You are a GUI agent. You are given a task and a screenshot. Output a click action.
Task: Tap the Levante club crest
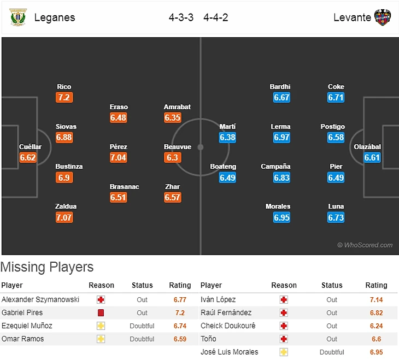click(x=383, y=17)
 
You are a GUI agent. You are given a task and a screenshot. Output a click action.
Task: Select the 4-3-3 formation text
click(x=181, y=17)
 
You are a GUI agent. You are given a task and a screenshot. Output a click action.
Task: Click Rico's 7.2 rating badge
click(x=64, y=98)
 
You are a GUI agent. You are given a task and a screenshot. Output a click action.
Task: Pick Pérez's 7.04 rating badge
click(x=118, y=157)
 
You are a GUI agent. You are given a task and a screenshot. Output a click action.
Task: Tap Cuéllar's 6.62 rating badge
click(x=27, y=158)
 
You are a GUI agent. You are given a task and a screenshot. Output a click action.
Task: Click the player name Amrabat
click(x=177, y=107)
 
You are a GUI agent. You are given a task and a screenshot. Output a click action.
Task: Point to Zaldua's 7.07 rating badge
click(x=64, y=217)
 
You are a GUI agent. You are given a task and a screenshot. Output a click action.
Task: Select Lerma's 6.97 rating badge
click(x=281, y=138)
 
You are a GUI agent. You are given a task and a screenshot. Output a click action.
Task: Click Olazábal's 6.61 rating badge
click(x=372, y=158)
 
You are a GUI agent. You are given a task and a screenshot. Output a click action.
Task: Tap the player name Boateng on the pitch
click(x=223, y=167)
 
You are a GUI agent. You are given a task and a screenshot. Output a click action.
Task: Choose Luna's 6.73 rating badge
click(x=336, y=217)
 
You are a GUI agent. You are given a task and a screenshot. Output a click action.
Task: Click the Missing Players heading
click(x=47, y=267)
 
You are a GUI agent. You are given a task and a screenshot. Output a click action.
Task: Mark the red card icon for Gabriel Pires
click(x=101, y=313)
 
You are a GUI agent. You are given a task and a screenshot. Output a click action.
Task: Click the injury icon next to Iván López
click(x=283, y=300)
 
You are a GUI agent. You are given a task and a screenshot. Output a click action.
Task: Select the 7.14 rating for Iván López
click(x=375, y=300)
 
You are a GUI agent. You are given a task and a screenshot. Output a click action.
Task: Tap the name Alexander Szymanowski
click(x=40, y=300)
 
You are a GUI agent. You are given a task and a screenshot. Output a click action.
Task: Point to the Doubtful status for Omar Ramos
click(x=142, y=339)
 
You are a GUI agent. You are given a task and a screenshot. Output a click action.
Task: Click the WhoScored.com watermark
click(x=365, y=245)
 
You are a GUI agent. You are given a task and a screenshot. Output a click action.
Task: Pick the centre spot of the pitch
click(x=201, y=147)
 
